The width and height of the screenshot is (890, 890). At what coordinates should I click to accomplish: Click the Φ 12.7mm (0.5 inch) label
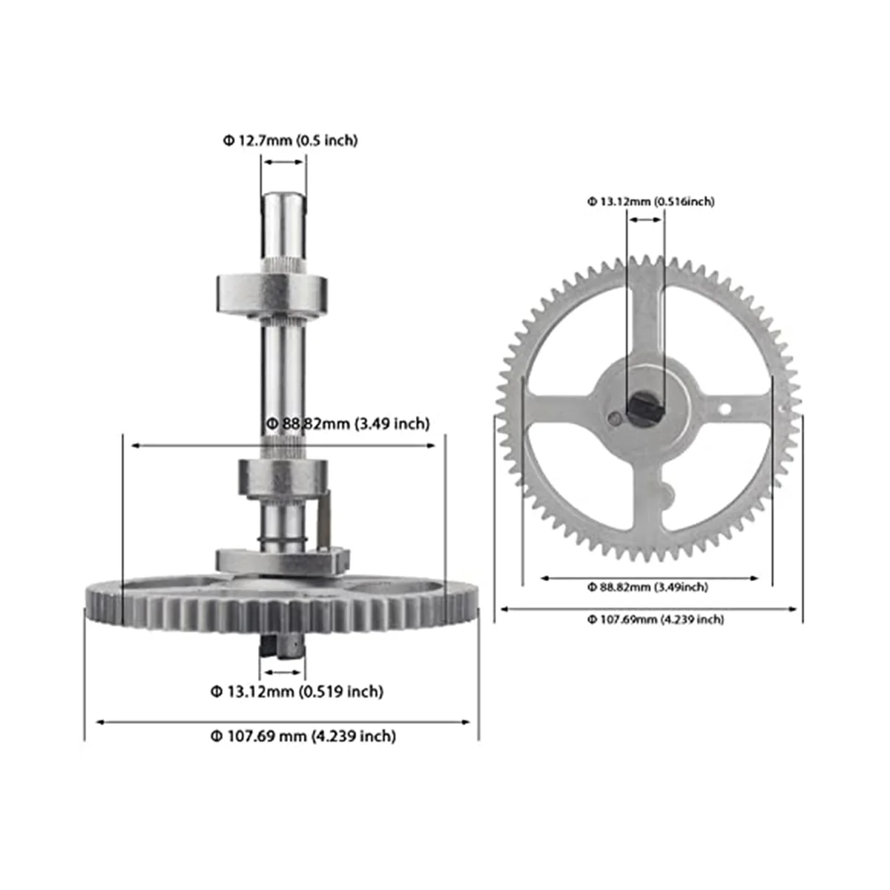click(290, 140)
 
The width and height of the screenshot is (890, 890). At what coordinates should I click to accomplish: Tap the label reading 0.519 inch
click(341, 692)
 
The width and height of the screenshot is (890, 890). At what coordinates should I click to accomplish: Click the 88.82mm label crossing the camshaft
click(347, 423)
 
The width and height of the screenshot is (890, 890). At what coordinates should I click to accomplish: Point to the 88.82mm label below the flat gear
click(647, 587)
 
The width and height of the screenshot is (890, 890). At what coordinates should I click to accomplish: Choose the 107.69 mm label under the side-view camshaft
click(303, 736)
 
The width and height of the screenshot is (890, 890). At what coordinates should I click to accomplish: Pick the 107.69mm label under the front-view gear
click(655, 619)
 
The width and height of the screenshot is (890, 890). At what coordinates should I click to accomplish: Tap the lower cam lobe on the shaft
click(282, 477)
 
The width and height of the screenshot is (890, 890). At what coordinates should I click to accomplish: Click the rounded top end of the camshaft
click(283, 201)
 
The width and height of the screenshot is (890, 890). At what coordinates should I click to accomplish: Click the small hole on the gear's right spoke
click(725, 409)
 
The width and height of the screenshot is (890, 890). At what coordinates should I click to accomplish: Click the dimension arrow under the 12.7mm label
click(283, 162)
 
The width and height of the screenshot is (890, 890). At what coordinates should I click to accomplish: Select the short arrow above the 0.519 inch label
click(283, 672)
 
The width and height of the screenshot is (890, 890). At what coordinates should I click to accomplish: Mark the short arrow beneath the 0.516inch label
click(645, 219)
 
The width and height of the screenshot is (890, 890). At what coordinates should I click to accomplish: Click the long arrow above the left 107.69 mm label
click(283, 721)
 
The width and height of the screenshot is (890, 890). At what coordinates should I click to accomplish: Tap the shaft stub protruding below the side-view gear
click(282, 645)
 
